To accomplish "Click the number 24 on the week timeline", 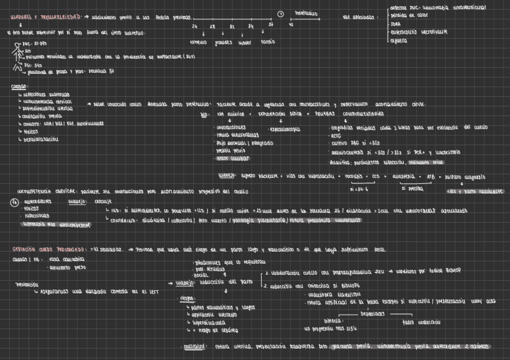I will pos(194,27).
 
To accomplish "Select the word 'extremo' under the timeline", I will pos(198,43).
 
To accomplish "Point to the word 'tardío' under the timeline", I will pos(268,43).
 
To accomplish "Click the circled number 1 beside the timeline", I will pos(280,14).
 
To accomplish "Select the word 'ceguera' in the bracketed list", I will pos(399,41).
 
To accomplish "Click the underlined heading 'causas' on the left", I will pos(19,87).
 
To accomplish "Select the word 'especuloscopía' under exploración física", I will pos(285,129).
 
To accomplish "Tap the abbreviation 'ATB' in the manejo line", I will pos(431,177).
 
